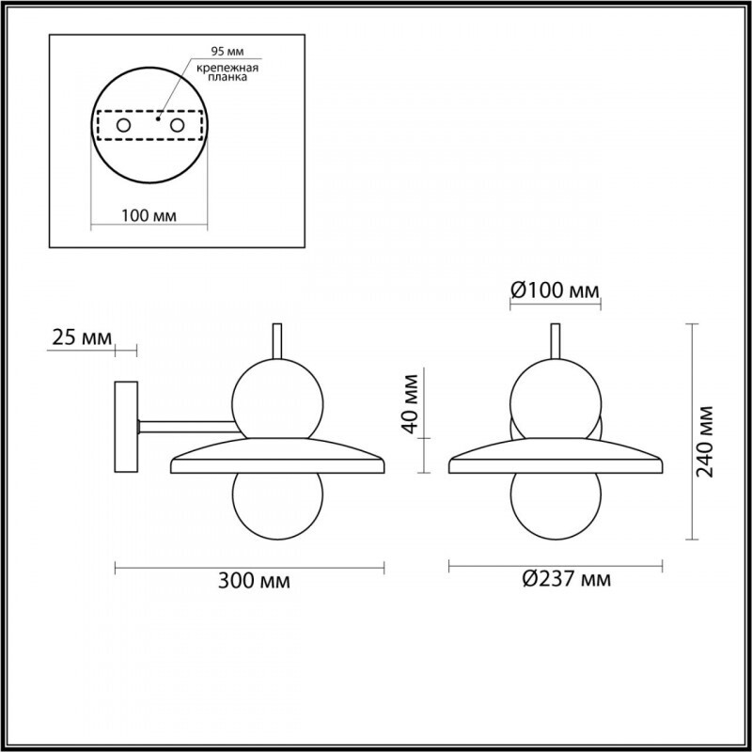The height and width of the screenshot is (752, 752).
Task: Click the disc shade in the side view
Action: tap(277, 458)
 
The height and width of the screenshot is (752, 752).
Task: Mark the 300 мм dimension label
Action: tap(253, 581)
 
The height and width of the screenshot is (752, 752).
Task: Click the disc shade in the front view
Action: tap(556, 458)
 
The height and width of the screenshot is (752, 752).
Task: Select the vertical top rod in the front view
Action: tap(556, 340)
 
